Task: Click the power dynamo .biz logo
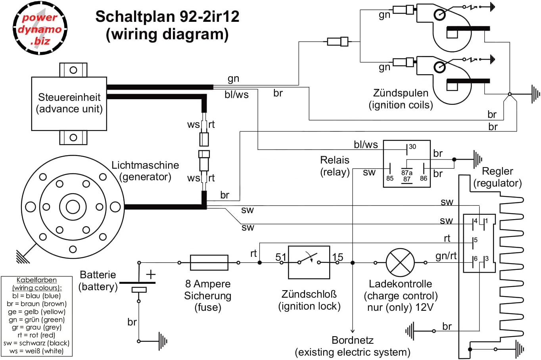point(40,29)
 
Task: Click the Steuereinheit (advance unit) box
point(69,103)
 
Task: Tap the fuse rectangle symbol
point(209,263)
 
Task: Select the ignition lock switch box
point(309,262)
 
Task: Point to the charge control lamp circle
point(400,262)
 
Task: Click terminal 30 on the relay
point(412,147)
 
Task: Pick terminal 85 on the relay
point(390,178)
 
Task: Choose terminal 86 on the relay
point(424,178)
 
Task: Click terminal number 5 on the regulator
point(476,240)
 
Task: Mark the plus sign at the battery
point(151,274)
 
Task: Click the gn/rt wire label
point(446,256)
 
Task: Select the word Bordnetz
point(353,340)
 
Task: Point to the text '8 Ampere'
point(208,284)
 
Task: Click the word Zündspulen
point(401,93)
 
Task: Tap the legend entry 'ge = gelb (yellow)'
point(36,312)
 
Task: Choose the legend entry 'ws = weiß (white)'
point(36,351)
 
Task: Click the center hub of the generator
point(73,207)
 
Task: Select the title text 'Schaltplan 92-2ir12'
point(167,17)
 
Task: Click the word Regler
point(497,171)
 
